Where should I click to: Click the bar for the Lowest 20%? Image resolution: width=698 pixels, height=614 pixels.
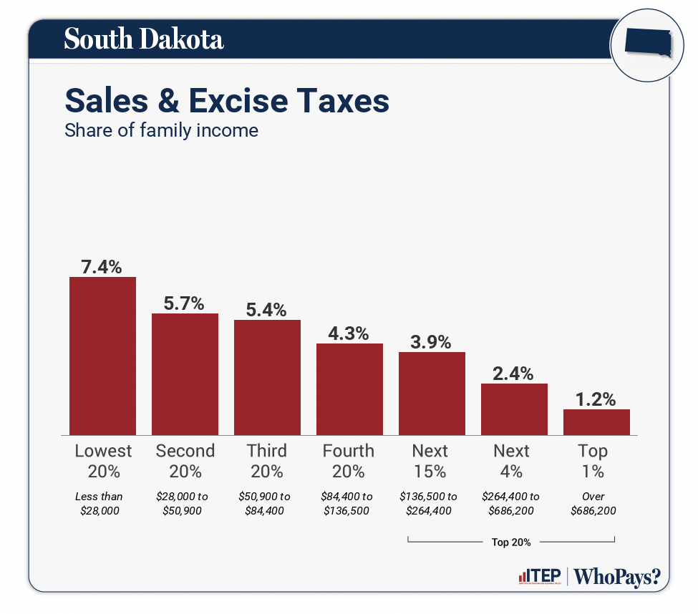102,356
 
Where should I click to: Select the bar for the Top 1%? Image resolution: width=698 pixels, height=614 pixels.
596,422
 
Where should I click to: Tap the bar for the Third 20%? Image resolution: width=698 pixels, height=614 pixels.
267,377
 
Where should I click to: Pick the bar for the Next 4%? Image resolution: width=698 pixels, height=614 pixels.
514,409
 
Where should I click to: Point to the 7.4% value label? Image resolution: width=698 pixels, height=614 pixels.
102,267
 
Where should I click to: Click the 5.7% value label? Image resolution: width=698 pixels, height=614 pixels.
185,303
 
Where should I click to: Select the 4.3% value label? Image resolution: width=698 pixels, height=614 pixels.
349,333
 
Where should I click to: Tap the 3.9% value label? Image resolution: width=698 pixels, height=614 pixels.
431,342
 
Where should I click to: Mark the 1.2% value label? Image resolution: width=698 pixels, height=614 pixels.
596,399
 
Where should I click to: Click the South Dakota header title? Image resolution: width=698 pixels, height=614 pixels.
144,39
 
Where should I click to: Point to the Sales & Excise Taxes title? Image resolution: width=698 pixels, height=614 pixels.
227,101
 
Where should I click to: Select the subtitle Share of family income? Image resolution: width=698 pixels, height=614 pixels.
161,131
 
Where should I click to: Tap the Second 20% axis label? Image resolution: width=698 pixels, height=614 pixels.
185,461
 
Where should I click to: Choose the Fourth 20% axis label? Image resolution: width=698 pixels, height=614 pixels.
349,461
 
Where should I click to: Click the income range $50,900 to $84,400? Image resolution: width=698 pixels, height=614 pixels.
267,503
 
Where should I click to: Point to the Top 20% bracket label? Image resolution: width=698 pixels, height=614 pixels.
511,542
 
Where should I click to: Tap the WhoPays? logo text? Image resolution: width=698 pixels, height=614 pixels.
618,577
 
